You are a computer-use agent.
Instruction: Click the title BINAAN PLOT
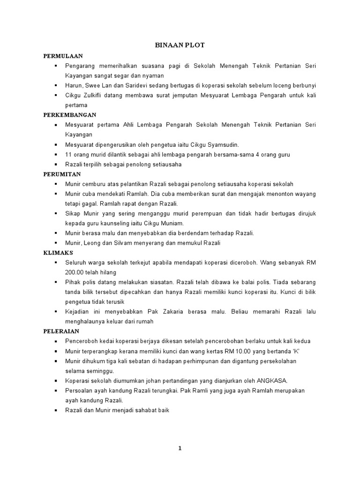point(180,45)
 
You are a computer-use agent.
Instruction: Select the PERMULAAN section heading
point(60,56)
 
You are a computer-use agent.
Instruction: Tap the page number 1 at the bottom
point(180,448)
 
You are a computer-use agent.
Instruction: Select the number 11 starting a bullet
point(68,154)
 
